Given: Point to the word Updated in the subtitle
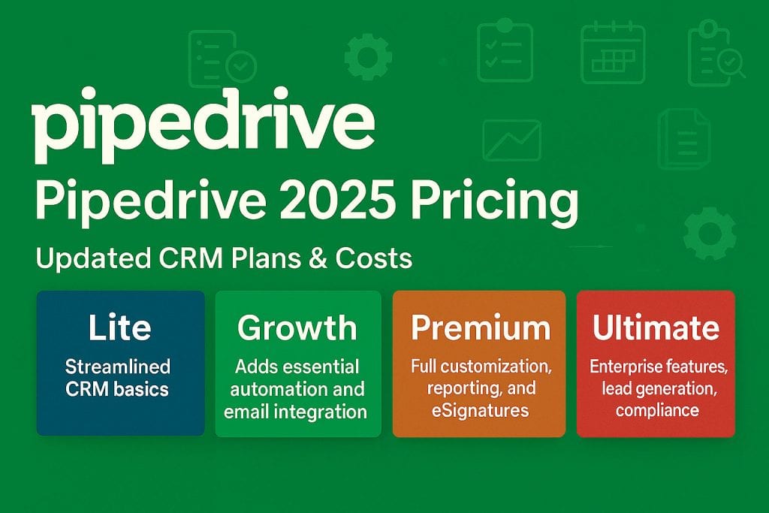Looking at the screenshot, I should pos(85,259).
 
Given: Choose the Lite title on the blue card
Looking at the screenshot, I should pos(119,327).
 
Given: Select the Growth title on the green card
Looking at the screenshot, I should pos(297,328).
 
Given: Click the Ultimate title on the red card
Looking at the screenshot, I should pos(655,328).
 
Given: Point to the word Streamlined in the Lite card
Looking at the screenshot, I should pos(118,367).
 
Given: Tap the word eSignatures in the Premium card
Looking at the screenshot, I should pos(479,410).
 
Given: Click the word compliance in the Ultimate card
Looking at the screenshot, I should pos(656,409).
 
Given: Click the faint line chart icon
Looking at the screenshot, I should pos(511,141).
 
